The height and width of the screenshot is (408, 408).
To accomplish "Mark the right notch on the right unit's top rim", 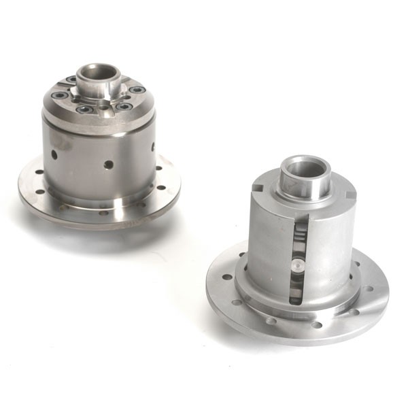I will click(347, 194).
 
